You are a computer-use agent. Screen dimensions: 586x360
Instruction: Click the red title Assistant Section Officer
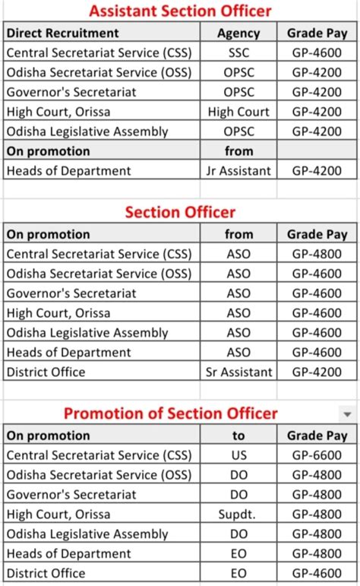[x=180, y=11]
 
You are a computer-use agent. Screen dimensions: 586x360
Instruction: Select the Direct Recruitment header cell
[x=62, y=33]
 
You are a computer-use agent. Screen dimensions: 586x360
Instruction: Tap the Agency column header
[x=238, y=33]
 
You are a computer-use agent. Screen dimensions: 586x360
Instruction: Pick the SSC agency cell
[x=238, y=52]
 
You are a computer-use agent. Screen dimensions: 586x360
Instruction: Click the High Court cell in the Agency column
[x=238, y=112]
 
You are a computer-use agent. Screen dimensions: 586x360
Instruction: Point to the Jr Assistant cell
[x=238, y=171]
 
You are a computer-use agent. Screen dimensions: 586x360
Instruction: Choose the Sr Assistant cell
[x=238, y=372]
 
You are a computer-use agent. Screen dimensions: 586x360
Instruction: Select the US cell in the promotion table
[x=238, y=455]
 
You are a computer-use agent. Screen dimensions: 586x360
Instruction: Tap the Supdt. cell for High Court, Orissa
[x=238, y=514]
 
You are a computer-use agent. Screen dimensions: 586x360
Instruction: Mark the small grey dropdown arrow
[x=348, y=414]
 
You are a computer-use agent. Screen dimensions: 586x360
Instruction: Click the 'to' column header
[x=238, y=436]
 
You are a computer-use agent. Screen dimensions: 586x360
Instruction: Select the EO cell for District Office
[x=238, y=573]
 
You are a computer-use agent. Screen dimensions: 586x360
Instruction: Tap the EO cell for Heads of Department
[x=238, y=553]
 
